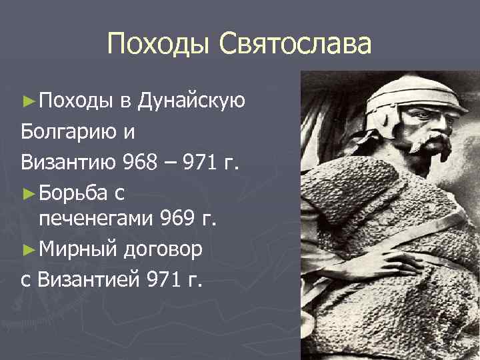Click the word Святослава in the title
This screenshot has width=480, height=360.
(295, 45)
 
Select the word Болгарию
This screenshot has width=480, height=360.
(71, 131)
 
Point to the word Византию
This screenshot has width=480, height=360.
(69, 161)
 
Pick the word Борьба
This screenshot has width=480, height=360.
(71, 191)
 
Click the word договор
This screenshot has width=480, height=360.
(167, 248)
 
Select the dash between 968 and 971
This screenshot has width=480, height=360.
(174, 161)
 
